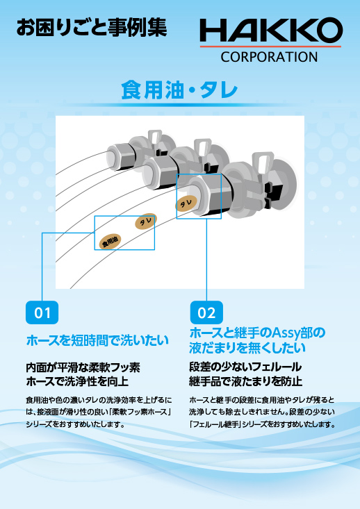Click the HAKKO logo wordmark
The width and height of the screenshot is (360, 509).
[x=270, y=31]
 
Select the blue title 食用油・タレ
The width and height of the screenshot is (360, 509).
[x=179, y=90]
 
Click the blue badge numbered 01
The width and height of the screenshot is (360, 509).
[x=42, y=312]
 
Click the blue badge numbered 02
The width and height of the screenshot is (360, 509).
[x=206, y=312]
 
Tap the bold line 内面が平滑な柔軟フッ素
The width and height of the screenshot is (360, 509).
[x=83, y=367]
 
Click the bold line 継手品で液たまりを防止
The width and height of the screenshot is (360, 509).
[x=245, y=381]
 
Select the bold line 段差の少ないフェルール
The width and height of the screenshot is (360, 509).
[x=245, y=367]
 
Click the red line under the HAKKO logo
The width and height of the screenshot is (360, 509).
[x=270, y=47]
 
